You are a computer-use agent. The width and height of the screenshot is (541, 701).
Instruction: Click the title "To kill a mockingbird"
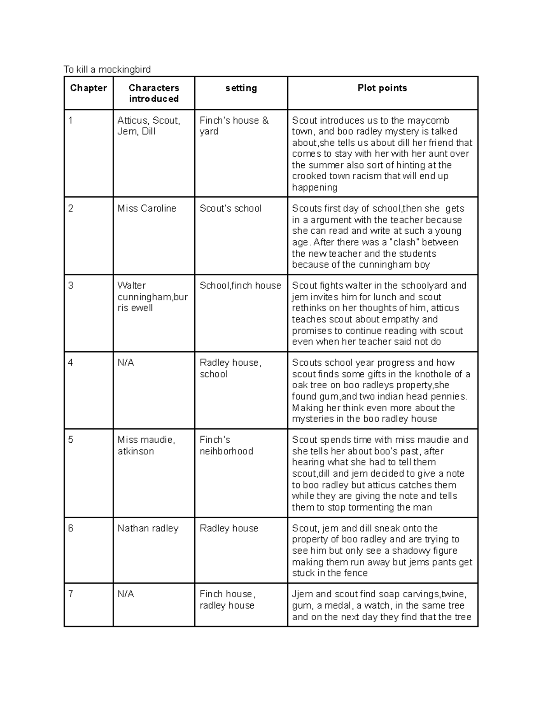point(107,69)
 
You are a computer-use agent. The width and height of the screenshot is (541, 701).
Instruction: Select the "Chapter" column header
point(88,88)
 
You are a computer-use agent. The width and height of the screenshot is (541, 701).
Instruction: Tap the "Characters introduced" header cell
point(154,93)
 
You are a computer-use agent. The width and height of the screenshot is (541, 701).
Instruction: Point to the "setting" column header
point(241,88)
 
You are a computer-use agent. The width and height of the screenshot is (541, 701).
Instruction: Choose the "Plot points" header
point(382,88)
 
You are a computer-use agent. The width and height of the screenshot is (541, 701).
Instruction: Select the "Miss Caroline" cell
point(147,209)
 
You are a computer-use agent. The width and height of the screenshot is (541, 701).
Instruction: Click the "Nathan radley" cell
point(148,528)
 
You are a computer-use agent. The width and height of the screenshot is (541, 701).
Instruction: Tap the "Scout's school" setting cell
point(230,209)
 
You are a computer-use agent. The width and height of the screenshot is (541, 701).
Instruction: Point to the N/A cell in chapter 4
point(126,363)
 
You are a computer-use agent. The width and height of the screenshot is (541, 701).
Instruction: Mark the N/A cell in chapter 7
point(126,594)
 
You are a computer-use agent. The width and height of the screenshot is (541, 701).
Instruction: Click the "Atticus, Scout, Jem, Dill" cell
point(149,126)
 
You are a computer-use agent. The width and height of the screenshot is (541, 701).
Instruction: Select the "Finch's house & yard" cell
point(234,126)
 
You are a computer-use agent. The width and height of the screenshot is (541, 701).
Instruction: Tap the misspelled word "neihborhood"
point(226,451)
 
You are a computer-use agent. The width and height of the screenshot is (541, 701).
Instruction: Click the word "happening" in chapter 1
point(314,187)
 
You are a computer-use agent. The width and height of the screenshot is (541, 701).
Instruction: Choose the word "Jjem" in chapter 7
point(303,594)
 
